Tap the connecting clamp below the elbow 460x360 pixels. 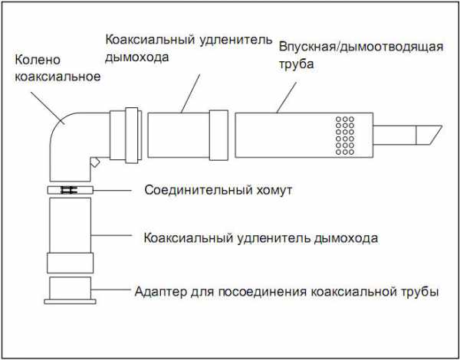70,189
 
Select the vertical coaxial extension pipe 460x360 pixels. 70,226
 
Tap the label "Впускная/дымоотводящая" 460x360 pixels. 361,47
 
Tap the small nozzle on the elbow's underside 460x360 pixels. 94,162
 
